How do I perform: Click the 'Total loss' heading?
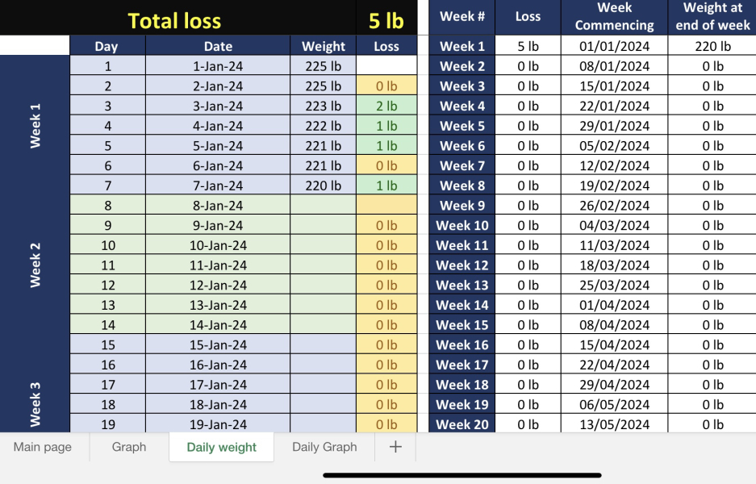(174, 19)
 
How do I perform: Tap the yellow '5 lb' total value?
(386, 19)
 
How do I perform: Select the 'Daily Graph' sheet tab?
(324, 447)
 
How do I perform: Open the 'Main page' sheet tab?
(43, 447)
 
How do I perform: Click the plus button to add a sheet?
(395, 447)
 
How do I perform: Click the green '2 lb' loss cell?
(386, 106)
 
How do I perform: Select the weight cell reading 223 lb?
(323, 106)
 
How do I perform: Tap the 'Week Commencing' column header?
(615, 17)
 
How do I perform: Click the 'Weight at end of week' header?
(712, 17)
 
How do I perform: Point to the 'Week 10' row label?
(462, 225)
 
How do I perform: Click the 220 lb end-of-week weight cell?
(712, 46)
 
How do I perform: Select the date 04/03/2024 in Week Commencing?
(615, 225)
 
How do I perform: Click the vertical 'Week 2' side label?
(36, 265)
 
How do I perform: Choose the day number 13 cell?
(108, 305)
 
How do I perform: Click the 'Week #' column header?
(462, 17)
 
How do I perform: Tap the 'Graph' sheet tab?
(129, 447)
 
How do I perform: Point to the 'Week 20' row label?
(462, 424)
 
